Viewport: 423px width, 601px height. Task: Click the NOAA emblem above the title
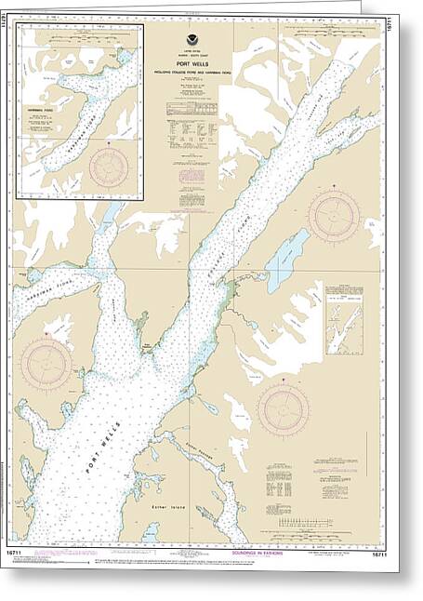tap(192, 39)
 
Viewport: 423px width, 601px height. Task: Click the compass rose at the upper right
tap(333, 215)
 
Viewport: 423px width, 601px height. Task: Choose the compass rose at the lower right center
tap(284, 409)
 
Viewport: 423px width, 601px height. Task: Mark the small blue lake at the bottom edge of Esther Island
tap(150, 533)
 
